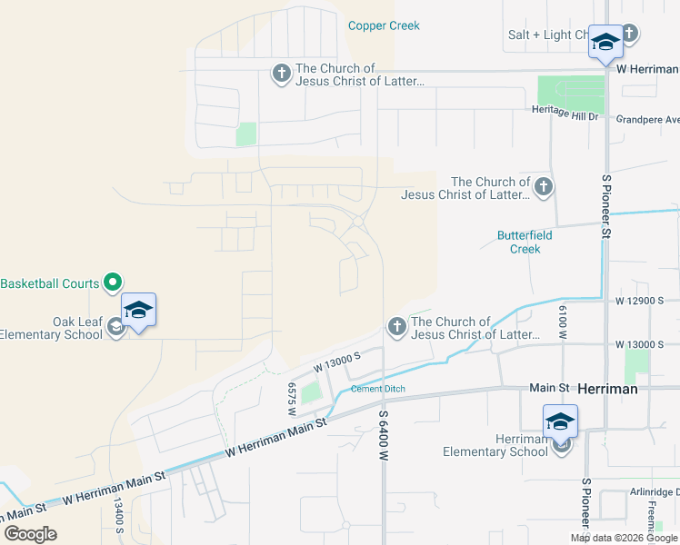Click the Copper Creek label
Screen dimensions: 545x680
point(384,25)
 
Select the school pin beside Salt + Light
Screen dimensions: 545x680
point(605,43)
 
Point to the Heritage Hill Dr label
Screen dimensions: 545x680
point(565,115)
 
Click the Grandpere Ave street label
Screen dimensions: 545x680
point(647,119)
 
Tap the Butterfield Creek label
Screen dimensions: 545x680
point(525,242)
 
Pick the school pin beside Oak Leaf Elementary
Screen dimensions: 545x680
point(137,311)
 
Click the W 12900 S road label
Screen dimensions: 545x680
point(640,300)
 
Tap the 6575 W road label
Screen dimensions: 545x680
point(292,398)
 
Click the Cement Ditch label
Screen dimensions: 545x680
point(377,389)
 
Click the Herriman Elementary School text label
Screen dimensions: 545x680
point(495,445)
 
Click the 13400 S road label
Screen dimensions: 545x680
point(118,515)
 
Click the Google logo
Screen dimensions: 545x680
point(30,533)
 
